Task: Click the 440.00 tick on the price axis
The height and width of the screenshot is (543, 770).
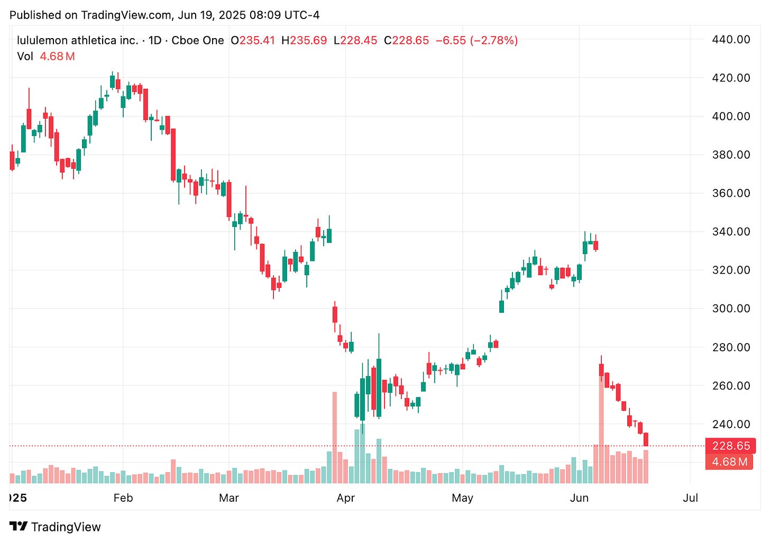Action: [x=731, y=39]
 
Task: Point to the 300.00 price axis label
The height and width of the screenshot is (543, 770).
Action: [x=731, y=309]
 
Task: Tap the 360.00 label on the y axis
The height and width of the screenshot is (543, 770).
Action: [x=731, y=193]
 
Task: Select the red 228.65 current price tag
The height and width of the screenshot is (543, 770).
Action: [x=730, y=446]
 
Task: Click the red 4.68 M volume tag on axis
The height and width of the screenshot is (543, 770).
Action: [x=729, y=461]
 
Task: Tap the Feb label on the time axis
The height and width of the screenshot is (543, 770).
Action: [x=123, y=498]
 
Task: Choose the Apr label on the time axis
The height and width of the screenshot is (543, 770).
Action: [x=345, y=498]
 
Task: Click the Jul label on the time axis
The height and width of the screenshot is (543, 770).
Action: [x=690, y=498]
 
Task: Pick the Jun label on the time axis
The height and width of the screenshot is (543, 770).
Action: [x=579, y=498]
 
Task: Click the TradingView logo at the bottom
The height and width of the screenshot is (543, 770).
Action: [x=55, y=527]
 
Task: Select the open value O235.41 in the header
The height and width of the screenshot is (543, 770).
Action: [x=253, y=40]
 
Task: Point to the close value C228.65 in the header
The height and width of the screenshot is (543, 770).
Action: [x=406, y=40]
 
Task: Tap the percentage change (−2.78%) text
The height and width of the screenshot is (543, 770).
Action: [x=494, y=40]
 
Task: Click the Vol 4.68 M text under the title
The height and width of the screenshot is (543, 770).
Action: [x=46, y=56]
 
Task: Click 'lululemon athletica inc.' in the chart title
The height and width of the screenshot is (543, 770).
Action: [x=77, y=40]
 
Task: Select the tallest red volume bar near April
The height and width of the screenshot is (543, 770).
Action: [x=334, y=437]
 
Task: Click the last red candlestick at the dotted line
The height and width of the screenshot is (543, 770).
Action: [x=646, y=439]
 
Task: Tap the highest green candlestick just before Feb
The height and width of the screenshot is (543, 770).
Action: [x=112, y=82]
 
